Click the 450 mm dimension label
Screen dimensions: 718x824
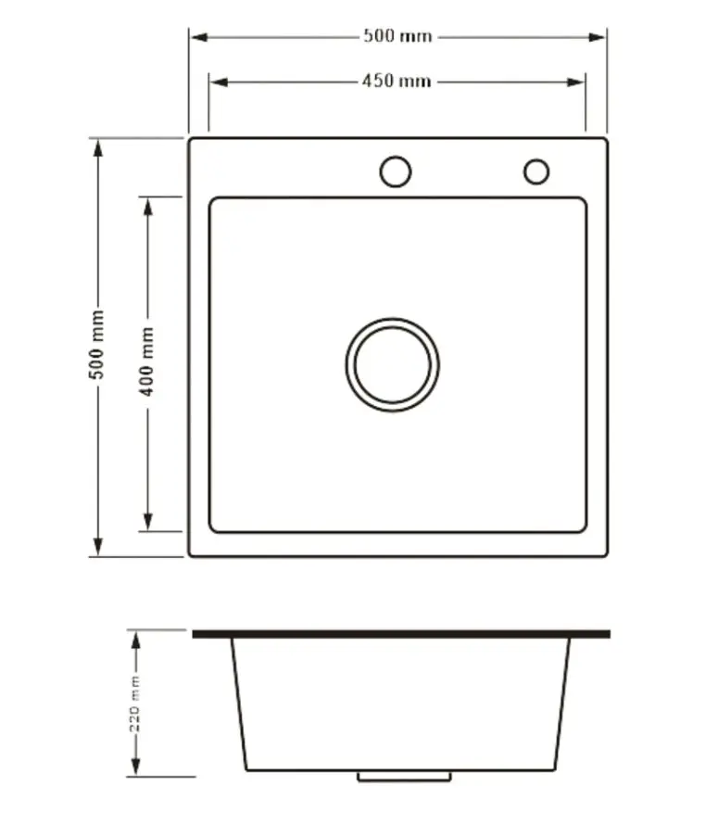[397, 81]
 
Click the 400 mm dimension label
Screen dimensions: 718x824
[147, 361]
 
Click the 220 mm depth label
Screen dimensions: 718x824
[135, 704]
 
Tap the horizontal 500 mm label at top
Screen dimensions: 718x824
[397, 36]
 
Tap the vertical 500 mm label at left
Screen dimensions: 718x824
[97, 345]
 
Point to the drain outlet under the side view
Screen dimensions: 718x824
[405, 777]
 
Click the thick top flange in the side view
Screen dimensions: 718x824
[401, 634]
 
